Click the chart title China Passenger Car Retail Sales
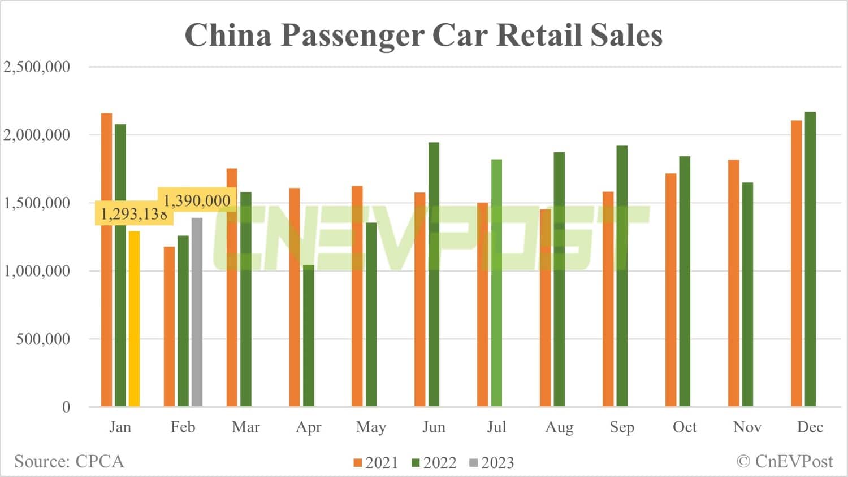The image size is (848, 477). point(423,35)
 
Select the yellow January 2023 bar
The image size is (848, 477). point(134,319)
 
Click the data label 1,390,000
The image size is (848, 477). point(197,200)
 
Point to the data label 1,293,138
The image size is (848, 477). point(133,214)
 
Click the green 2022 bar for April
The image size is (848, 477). point(308,336)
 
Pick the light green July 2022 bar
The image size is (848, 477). point(496,283)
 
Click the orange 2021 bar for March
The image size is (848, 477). point(232,287)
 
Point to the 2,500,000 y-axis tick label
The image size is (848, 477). point(37,67)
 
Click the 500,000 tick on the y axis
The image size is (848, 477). point(43,339)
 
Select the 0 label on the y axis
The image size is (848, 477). point(66,407)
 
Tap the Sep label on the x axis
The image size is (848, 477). point(622,427)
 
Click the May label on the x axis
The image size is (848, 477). point(371,427)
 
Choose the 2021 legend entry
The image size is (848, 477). point(376,463)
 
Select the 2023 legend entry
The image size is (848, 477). point(492,463)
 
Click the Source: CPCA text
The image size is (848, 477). point(69,462)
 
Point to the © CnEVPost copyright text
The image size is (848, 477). point(785,462)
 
